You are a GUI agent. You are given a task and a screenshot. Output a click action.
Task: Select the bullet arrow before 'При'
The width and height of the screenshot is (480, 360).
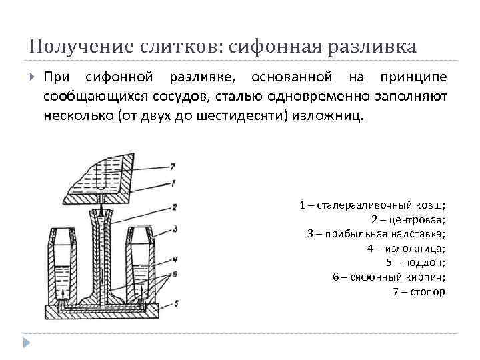tap(33, 78)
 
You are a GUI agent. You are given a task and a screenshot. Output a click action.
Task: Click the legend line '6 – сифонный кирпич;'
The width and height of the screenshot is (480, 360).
tap(389, 277)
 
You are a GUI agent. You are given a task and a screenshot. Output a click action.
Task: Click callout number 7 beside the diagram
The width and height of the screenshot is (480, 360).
tap(173, 165)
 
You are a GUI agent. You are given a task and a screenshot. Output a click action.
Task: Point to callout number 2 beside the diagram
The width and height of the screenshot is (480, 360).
tap(173, 207)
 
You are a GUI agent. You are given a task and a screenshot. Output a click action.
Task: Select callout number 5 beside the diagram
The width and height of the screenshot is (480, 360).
tap(175, 304)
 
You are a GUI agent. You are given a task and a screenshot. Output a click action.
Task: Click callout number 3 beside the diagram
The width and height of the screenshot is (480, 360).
tap(174, 229)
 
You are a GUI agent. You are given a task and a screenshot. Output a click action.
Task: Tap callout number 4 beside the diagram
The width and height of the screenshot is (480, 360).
tap(174, 258)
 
